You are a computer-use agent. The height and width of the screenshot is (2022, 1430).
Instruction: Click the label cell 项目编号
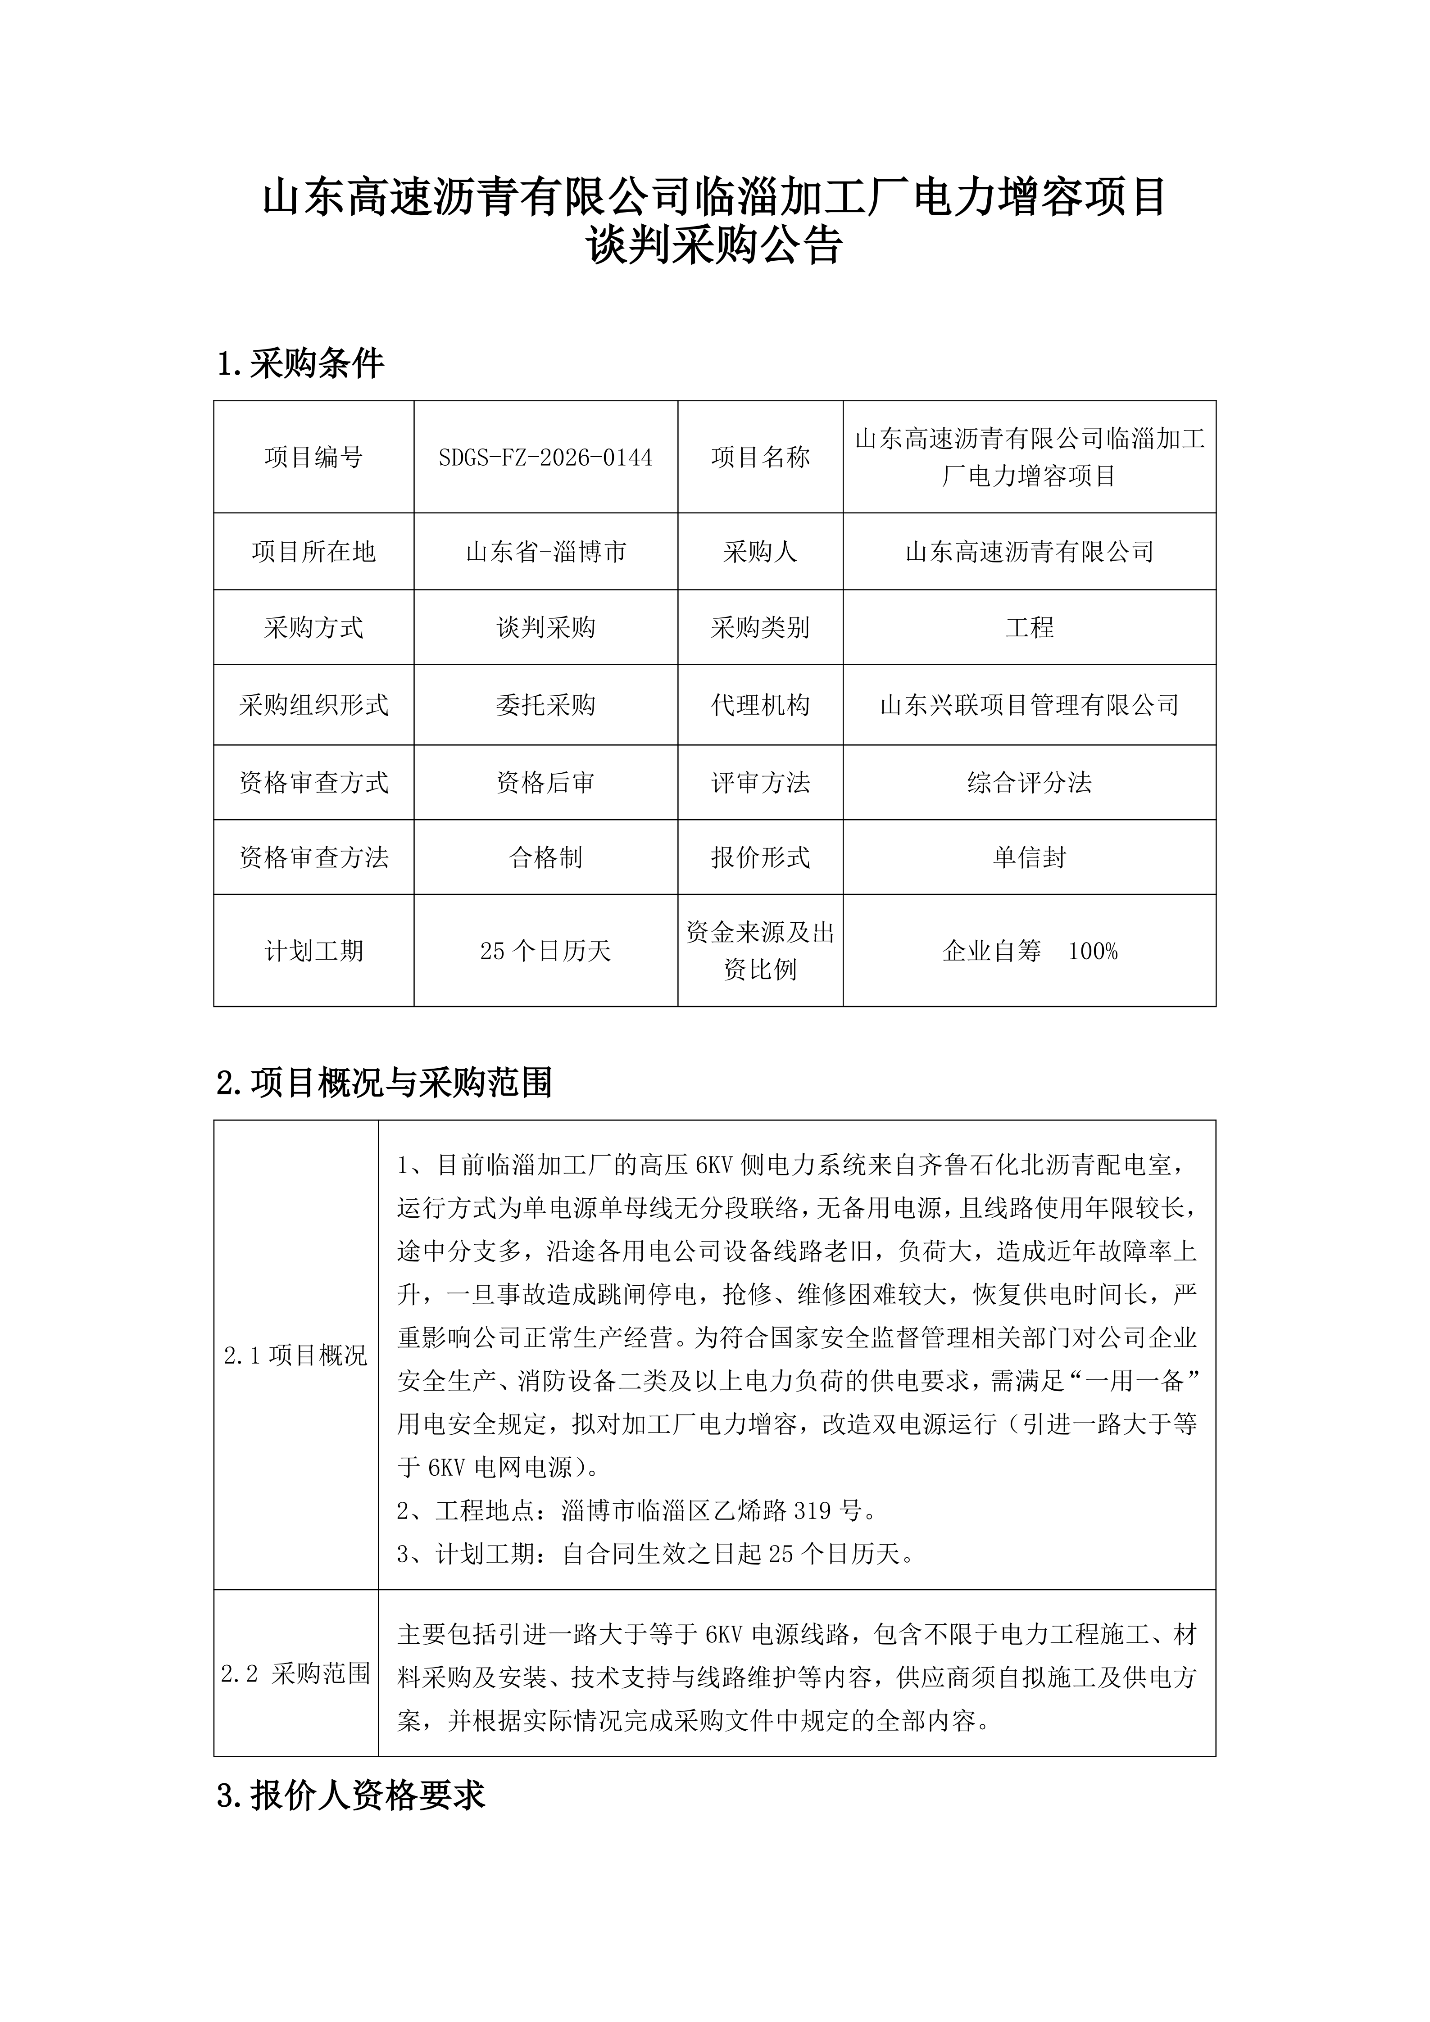coord(313,457)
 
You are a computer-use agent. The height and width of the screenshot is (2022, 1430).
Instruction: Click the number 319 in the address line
coord(812,1511)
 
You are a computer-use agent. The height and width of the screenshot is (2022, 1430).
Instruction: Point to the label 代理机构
coord(760,704)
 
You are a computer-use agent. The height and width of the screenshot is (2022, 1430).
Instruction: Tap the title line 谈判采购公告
coord(714,247)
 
